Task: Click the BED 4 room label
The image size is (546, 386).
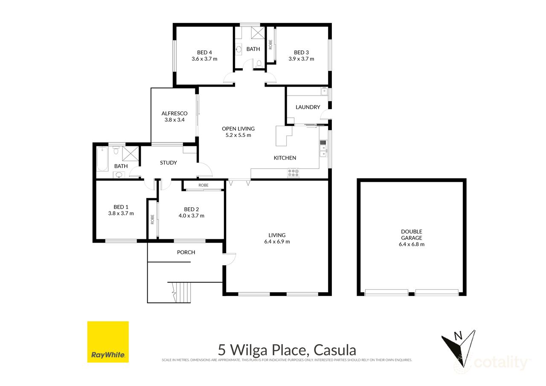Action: click(x=204, y=52)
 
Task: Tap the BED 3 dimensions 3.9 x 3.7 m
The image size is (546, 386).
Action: click(x=301, y=59)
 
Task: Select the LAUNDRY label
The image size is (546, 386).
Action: click(x=307, y=107)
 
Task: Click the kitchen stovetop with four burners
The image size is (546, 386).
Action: click(x=293, y=173)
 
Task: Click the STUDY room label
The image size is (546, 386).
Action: click(x=168, y=163)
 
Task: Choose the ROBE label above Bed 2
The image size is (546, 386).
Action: click(x=203, y=185)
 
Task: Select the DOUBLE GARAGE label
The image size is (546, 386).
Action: click(x=412, y=235)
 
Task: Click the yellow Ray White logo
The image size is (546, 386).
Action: click(x=108, y=342)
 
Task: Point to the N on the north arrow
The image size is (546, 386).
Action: click(x=458, y=336)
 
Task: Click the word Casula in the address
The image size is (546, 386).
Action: click(x=335, y=350)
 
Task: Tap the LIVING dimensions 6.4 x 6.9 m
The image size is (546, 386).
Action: click(x=277, y=241)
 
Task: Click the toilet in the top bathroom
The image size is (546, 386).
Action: click(x=259, y=64)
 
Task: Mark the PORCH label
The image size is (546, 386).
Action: click(x=186, y=252)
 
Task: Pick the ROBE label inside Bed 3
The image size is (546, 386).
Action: click(x=270, y=44)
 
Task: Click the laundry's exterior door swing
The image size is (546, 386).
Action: click(x=326, y=114)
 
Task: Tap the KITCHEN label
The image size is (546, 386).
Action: click(x=285, y=158)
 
